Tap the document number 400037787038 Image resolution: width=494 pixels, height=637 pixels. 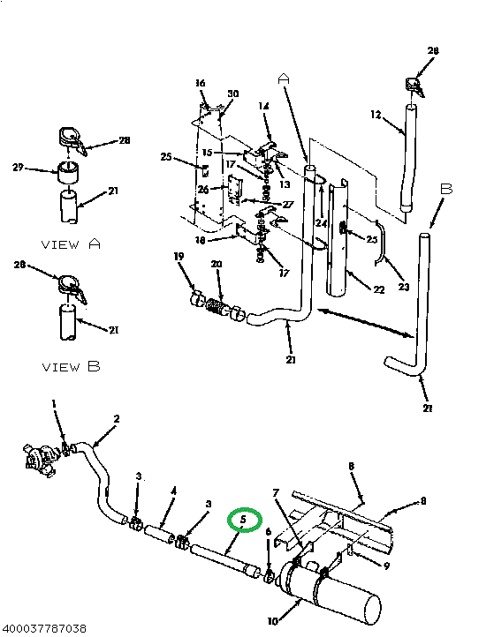point(44,628)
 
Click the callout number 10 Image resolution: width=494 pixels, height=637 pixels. point(272,621)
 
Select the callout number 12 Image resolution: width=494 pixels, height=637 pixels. point(375,115)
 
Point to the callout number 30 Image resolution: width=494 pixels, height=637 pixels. point(233,94)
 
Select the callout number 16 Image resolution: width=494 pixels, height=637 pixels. point(201,83)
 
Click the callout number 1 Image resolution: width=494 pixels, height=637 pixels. point(54,404)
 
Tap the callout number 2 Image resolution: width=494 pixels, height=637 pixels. point(116,418)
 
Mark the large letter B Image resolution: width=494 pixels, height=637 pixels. point(446,190)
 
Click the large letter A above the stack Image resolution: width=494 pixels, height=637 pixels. point(284,79)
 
